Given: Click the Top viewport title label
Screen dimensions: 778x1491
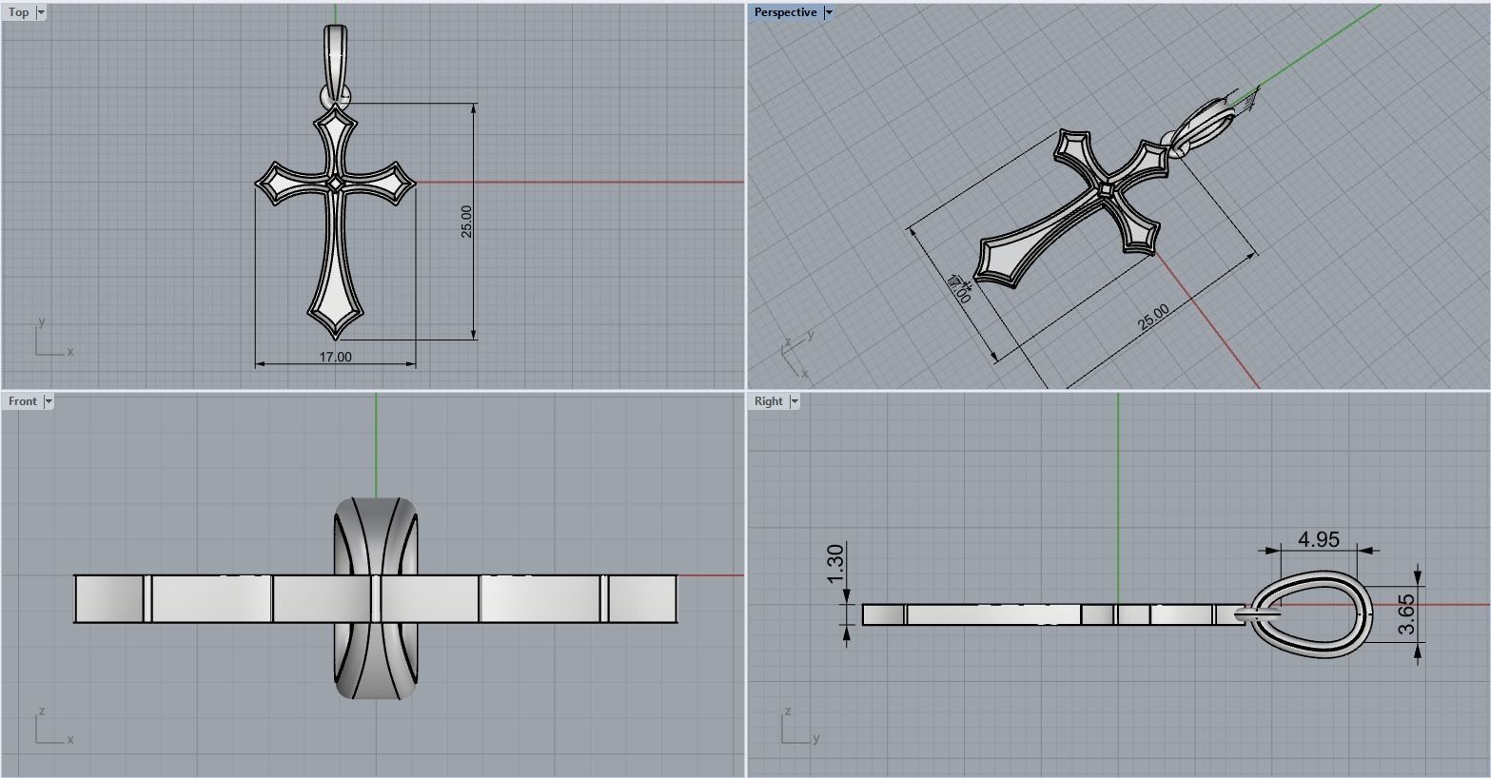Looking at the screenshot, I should tap(18, 12).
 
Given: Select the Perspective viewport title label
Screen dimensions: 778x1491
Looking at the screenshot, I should tap(785, 12).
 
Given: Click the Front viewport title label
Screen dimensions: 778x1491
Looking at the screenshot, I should tap(23, 401).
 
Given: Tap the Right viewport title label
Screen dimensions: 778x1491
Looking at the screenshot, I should tap(768, 401).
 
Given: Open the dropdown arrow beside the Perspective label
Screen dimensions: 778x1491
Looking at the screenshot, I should tap(829, 12).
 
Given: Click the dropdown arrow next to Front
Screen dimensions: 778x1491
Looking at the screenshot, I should tap(49, 401).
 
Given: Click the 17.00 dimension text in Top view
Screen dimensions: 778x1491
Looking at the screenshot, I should tap(335, 357).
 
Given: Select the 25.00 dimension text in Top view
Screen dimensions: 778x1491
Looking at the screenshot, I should tap(466, 221).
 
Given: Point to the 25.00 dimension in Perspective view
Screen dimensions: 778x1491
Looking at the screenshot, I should tap(1153, 318).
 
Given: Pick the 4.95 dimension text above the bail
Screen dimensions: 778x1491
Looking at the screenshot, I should tap(1319, 539).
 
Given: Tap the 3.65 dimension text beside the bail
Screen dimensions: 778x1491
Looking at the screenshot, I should tap(1407, 614).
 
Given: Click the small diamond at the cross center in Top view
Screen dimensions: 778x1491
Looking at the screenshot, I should tap(335, 185).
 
